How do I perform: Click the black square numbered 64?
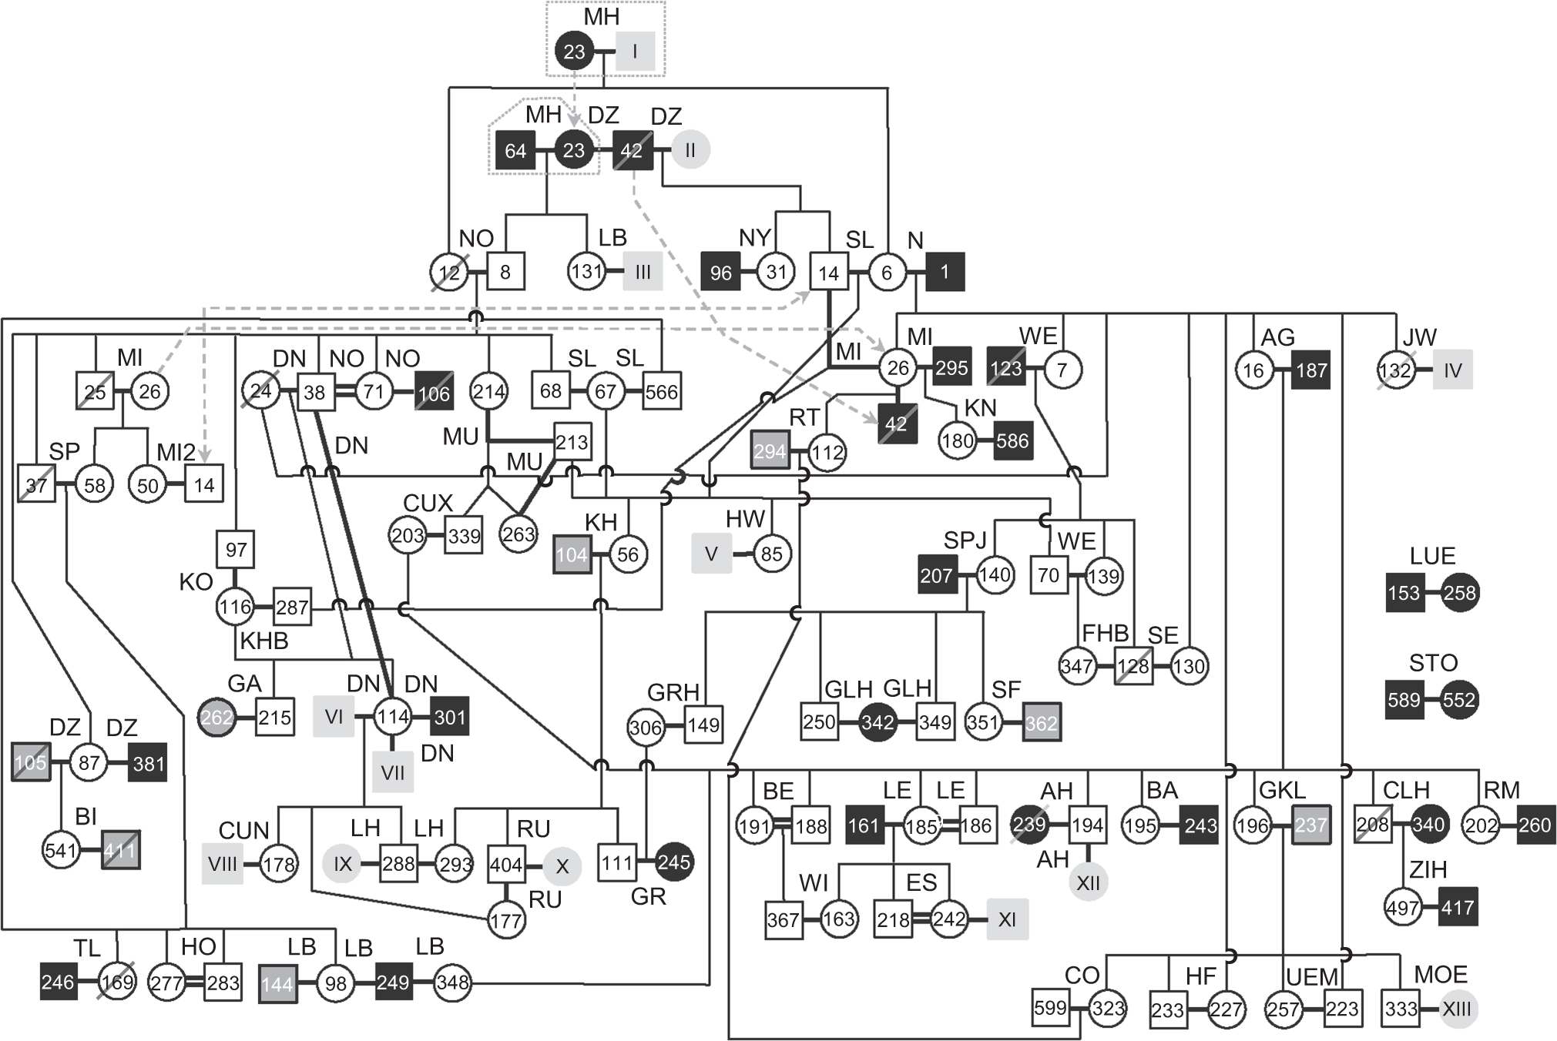[x=515, y=151]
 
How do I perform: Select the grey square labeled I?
[x=635, y=52]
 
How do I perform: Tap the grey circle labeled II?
[x=690, y=150]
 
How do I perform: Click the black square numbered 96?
[x=720, y=273]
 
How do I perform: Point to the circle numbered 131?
[x=587, y=272]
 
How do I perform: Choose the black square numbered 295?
[x=951, y=368]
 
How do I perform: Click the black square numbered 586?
[x=1012, y=441]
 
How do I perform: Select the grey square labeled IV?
[x=1452, y=370]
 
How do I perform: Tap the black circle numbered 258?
[x=1459, y=593]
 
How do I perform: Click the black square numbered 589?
[x=1404, y=700]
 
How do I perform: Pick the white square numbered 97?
[x=236, y=550]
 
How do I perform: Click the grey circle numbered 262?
[x=217, y=718]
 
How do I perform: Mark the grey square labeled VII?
[x=393, y=772]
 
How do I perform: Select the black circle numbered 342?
[x=877, y=722]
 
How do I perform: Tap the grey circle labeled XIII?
[x=1456, y=1009]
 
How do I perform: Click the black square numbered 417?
[x=1458, y=907]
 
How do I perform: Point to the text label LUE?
[x=1432, y=556]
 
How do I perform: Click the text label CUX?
[x=428, y=503]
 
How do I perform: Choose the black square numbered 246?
[x=59, y=982]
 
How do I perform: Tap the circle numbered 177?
[x=506, y=921]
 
